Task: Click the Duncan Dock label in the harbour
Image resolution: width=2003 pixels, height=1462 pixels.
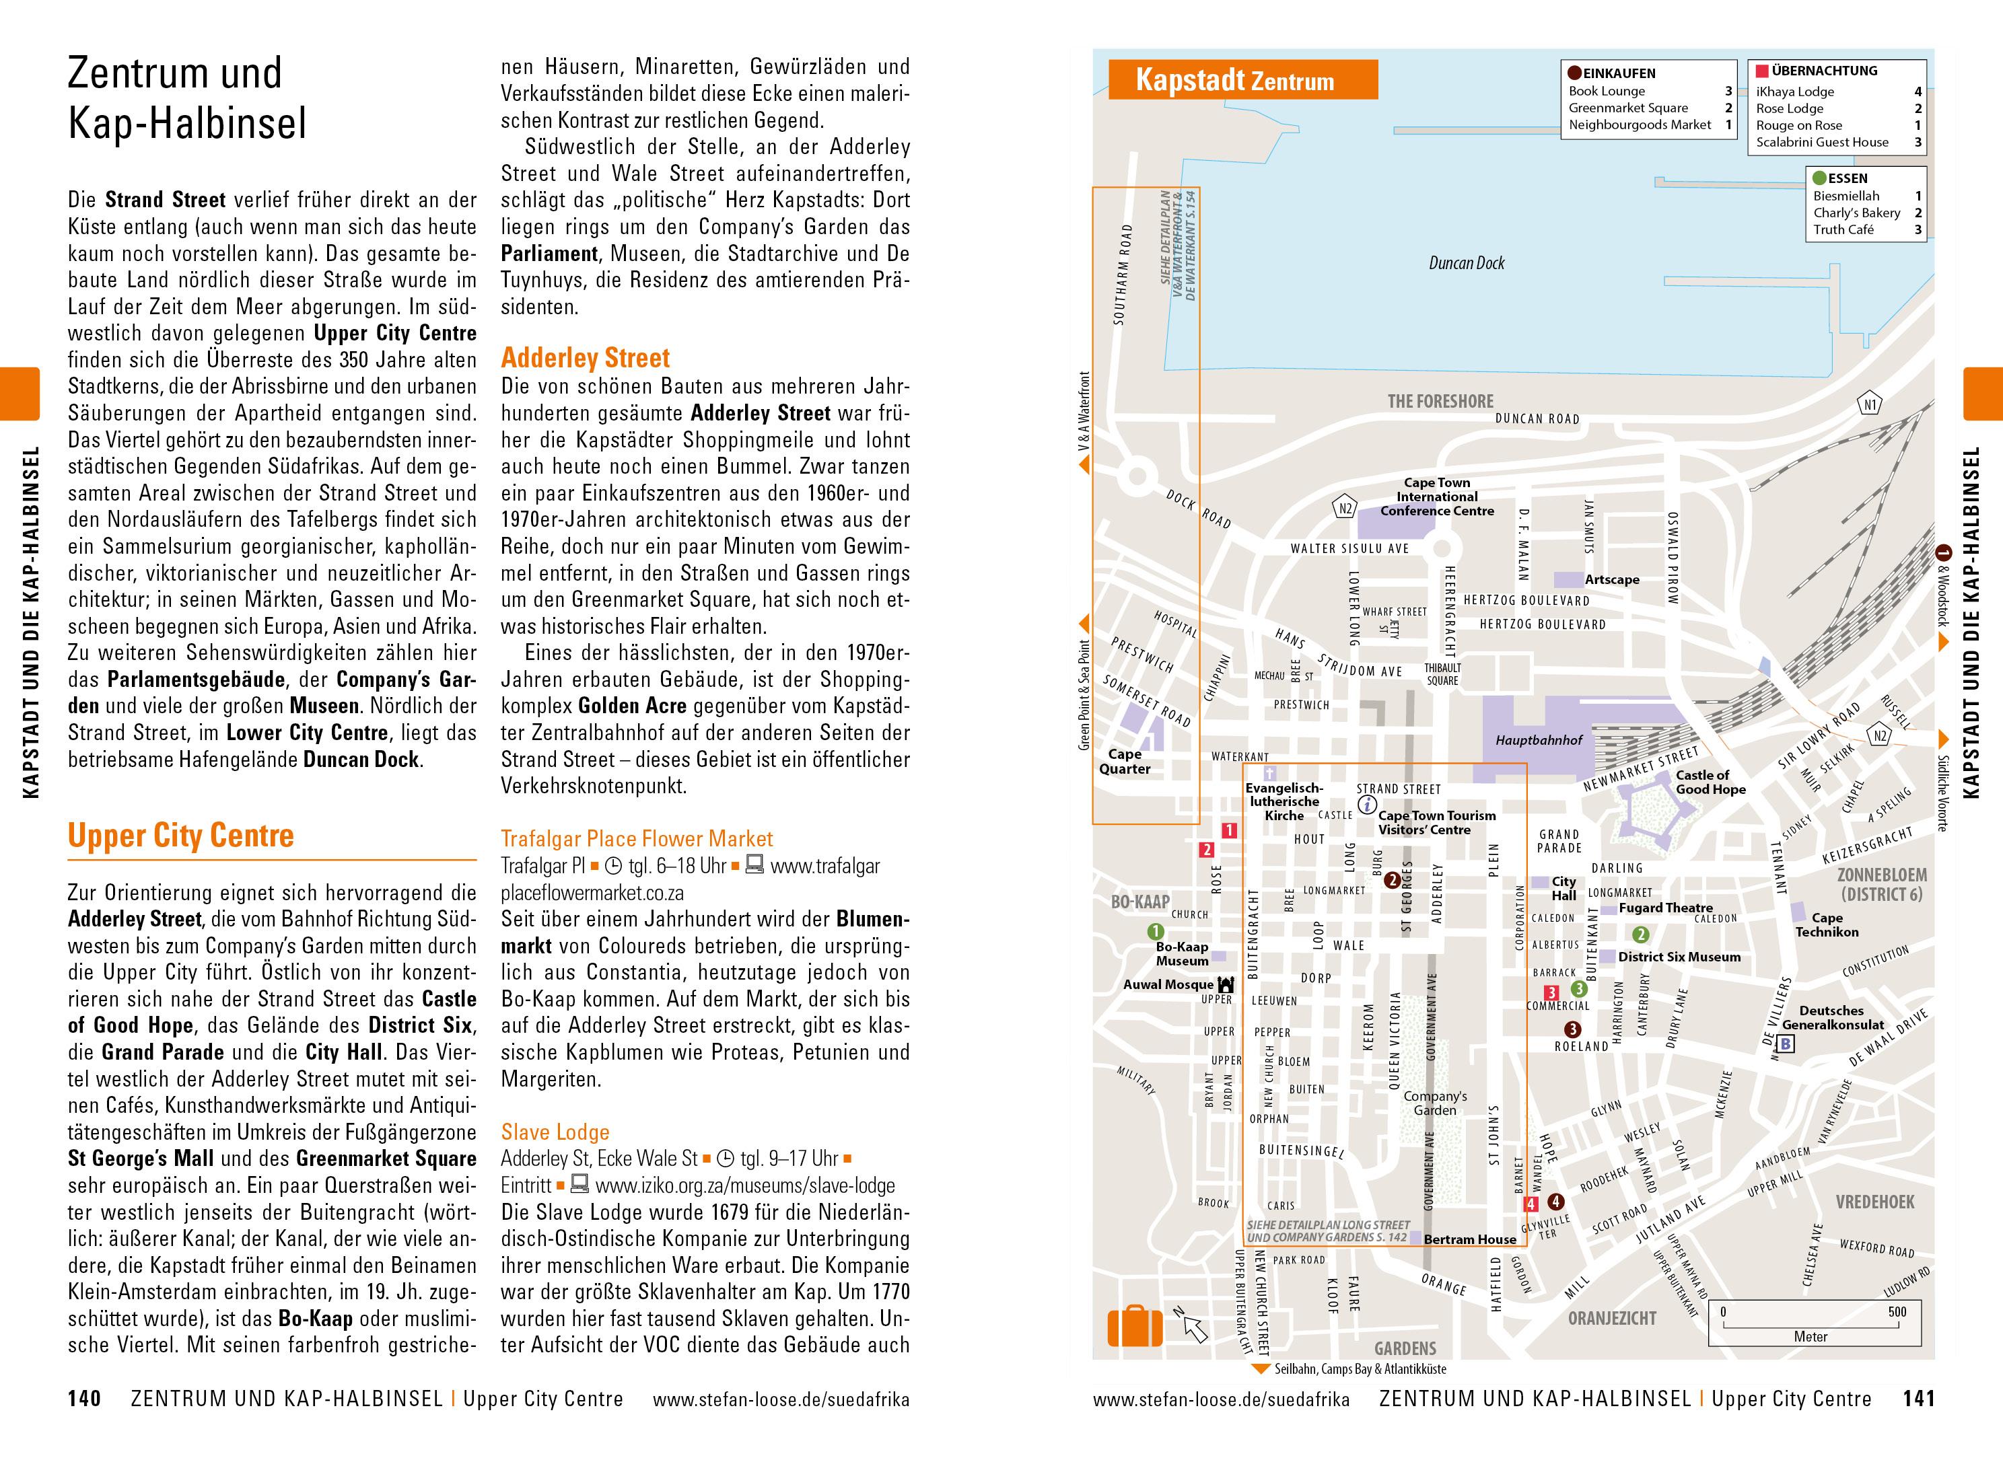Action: [1467, 263]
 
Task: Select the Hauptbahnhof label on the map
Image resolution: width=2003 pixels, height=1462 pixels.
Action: [1539, 740]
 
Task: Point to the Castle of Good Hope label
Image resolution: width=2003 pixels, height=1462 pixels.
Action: [1710, 782]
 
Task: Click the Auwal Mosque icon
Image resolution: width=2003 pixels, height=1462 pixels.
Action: [1226, 984]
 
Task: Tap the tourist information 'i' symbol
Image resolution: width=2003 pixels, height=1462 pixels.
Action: [1366, 805]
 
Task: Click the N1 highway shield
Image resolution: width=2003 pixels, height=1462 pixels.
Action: [1869, 405]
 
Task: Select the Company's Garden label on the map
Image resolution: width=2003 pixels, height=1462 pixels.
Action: [1435, 1103]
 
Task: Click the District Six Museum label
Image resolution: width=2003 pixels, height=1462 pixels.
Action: [1679, 957]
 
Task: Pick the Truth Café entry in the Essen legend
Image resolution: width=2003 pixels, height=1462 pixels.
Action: [1843, 230]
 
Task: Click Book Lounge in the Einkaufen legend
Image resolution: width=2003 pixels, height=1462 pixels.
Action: [1607, 91]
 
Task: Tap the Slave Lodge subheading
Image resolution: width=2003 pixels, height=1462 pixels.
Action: [555, 1132]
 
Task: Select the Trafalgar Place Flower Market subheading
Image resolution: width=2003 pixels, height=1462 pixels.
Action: [637, 839]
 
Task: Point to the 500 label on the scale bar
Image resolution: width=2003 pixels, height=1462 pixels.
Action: [1897, 1311]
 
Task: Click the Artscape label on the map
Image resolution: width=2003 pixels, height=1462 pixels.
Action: [1612, 580]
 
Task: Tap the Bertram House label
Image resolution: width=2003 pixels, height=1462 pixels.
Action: [1469, 1240]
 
